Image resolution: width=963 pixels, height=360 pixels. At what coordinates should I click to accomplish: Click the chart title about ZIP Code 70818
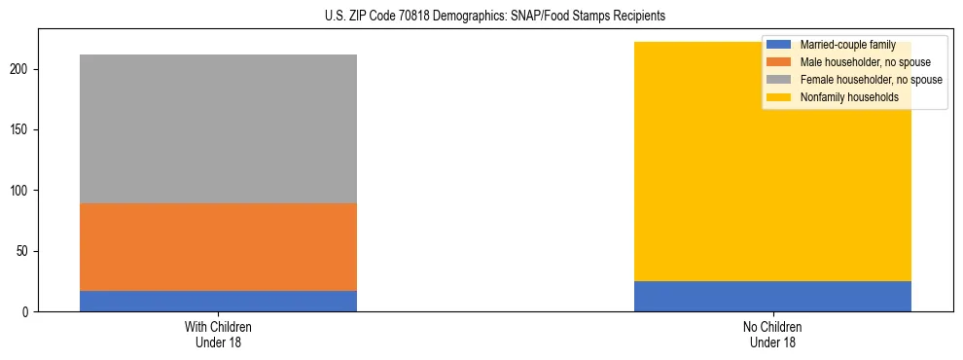[x=481, y=17]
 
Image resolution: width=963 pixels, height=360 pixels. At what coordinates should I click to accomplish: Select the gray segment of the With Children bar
[x=218, y=128]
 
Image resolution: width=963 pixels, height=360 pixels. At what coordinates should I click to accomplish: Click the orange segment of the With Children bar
[x=218, y=247]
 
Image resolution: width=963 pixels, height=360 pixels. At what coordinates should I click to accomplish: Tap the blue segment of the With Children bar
[x=218, y=301]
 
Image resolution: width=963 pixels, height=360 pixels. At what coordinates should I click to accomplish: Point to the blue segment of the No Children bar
[x=772, y=296]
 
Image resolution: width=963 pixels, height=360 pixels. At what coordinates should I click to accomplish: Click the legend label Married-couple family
[x=847, y=45]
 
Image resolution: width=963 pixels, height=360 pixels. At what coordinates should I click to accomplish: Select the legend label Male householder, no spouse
[x=859, y=62]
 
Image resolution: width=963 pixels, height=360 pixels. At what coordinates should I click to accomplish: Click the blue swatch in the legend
[x=780, y=45]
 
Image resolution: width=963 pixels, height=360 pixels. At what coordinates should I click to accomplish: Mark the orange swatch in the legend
[x=780, y=62]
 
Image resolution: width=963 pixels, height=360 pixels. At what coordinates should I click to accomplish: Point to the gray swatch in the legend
[x=780, y=80]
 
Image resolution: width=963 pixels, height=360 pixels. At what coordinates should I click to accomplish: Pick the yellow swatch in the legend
[x=780, y=97]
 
